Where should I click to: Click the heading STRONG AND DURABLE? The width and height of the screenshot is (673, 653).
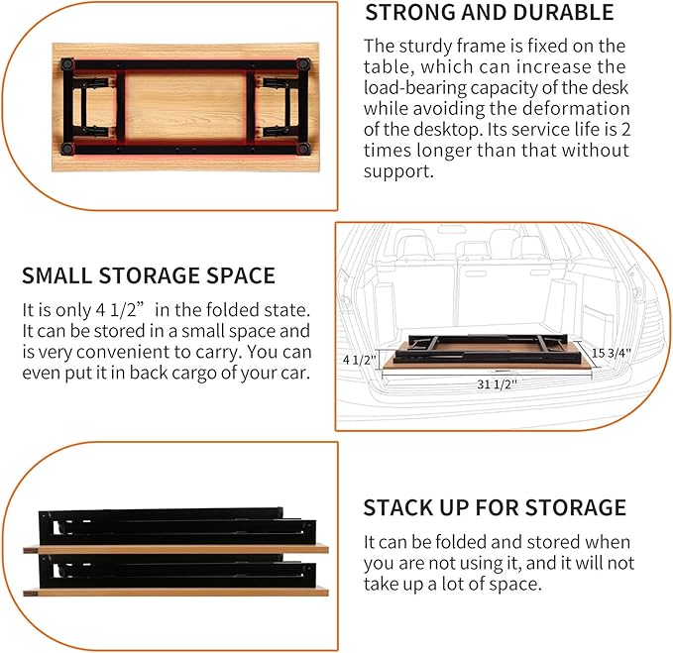(x=490, y=13)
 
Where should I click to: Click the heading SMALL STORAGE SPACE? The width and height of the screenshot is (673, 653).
(x=149, y=275)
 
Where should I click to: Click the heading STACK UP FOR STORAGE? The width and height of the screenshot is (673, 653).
(x=495, y=508)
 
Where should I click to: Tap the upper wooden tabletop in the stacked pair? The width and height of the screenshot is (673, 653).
(x=176, y=548)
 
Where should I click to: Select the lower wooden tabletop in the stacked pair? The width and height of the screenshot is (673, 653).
(x=176, y=593)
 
